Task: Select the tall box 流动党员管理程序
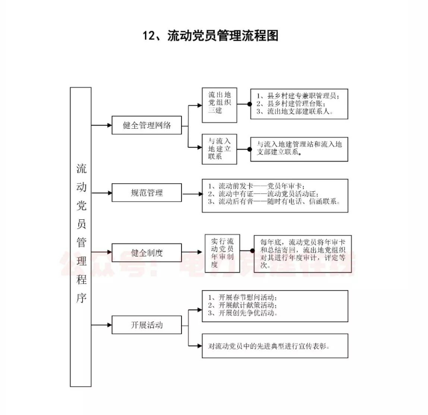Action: tap(81, 237)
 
